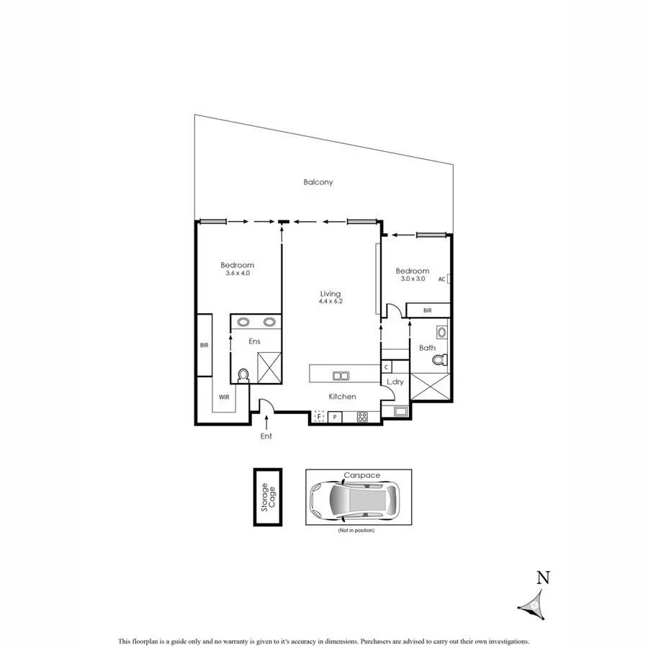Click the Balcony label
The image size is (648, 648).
click(x=318, y=183)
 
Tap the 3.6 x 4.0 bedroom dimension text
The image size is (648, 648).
click(x=237, y=274)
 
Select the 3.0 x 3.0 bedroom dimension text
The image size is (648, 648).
click(x=413, y=279)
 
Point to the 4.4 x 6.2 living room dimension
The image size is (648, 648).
click(x=331, y=302)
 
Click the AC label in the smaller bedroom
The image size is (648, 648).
click(x=441, y=279)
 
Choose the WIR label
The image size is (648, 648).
click(x=224, y=397)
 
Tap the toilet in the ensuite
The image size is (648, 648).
click(x=243, y=374)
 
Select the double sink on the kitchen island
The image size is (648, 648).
click(x=340, y=375)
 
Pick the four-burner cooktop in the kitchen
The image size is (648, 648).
click(x=362, y=417)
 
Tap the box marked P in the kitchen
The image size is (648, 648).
click(x=335, y=417)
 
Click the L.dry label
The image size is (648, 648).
click(x=395, y=382)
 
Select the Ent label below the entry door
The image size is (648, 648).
click(x=266, y=436)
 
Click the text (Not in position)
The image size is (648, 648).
click(x=356, y=531)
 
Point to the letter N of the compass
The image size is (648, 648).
click(x=544, y=577)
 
